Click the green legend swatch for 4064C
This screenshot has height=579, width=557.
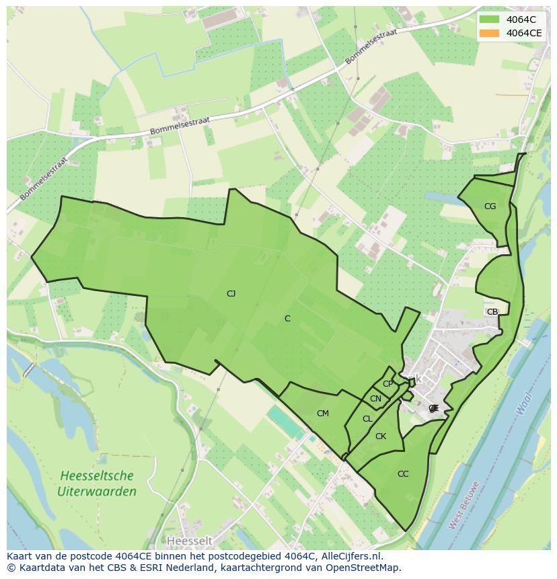click(490, 20)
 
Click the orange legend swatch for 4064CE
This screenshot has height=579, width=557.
click(490, 33)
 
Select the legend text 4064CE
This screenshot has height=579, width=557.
click(524, 33)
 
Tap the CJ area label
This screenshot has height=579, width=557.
click(231, 293)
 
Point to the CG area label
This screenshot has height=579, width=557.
click(490, 206)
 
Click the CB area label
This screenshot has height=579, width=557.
click(492, 311)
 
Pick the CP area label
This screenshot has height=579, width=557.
click(387, 384)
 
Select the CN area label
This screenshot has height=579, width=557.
click(375, 399)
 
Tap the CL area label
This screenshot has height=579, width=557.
click(367, 419)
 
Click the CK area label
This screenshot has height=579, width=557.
click(381, 436)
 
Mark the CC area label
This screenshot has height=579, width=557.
click(403, 474)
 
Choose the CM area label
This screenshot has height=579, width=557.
click(323, 414)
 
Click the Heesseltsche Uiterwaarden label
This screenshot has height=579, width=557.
click(96, 484)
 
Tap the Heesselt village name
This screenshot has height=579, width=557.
click(189, 541)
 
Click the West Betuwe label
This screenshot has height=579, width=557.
click(464, 505)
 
